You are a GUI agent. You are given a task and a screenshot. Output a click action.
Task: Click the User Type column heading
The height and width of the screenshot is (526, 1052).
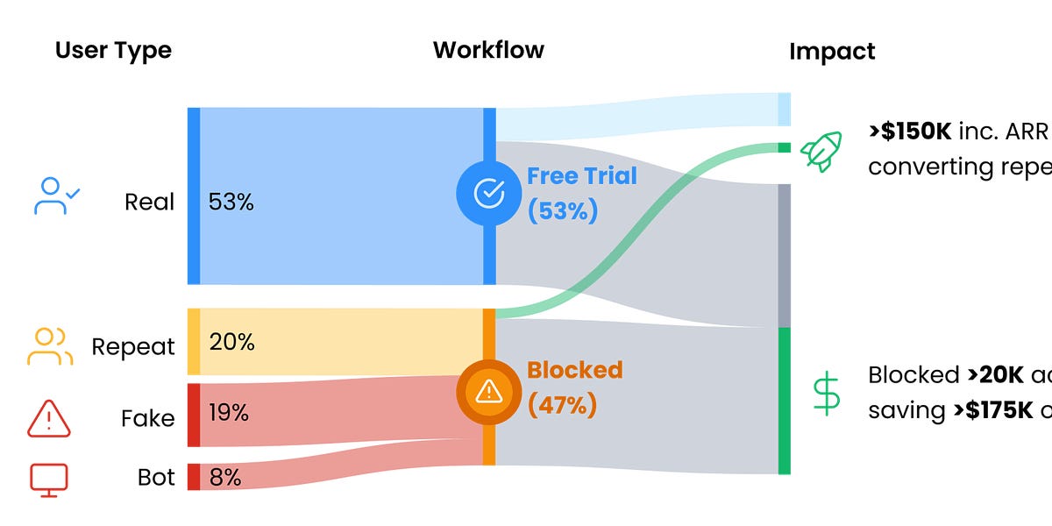click(x=113, y=51)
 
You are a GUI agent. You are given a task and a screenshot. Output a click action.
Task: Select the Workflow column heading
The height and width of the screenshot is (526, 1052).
click(x=488, y=50)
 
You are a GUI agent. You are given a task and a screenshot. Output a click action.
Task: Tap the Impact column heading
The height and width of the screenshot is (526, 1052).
click(x=832, y=52)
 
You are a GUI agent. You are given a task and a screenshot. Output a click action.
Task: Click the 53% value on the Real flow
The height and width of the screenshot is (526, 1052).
click(x=231, y=202)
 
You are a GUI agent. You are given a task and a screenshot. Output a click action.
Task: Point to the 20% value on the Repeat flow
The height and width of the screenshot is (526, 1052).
click(x=231, y=342)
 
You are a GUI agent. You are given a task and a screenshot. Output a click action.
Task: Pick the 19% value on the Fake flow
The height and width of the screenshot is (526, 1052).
click(x=230, y=412)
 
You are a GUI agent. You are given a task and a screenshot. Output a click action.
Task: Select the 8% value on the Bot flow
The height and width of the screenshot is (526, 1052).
click(x=224, y=478)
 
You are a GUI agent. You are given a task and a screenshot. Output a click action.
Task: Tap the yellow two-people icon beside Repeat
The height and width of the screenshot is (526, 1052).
click(x=50, y=346)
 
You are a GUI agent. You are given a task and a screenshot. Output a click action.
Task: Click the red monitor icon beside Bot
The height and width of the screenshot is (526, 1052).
click(x=49, y=479)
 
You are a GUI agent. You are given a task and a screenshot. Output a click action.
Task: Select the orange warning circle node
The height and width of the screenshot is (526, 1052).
click(x=488, y=392)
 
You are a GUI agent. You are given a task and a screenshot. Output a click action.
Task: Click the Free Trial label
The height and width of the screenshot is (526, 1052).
click(x=581, y=176)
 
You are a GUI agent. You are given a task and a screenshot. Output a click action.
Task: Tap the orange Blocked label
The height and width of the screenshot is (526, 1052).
click(x=574, y=369)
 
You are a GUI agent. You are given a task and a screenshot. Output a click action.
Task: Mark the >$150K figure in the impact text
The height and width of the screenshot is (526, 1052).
click(x=910, y=131)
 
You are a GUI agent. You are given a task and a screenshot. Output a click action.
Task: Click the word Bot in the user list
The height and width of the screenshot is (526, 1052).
click(x=156, y=478)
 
